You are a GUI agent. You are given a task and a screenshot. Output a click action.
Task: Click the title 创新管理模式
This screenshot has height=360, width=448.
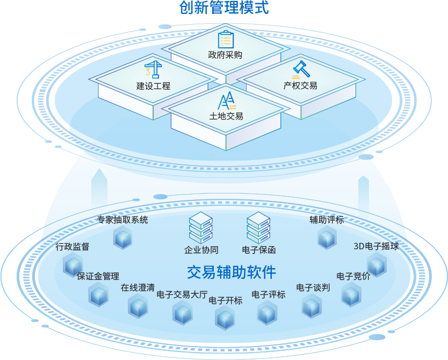[223, 8]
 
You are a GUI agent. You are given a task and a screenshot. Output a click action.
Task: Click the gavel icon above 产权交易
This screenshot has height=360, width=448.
[300, 70]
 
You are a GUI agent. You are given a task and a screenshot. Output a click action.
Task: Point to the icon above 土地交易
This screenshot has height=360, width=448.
[226, 101]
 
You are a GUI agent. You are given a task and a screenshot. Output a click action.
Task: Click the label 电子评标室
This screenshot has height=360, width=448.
[196, 158]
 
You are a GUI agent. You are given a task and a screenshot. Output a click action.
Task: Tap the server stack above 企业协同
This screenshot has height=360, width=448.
[201, 228]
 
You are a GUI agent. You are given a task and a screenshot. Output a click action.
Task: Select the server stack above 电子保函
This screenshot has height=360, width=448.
[258, 228]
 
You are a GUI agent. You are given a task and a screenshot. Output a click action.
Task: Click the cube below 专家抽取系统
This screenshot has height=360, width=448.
[122, 237]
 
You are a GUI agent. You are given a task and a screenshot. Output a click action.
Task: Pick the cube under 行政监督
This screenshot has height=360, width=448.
[73, 264]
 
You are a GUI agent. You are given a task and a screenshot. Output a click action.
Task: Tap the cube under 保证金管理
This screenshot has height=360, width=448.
[98, 294]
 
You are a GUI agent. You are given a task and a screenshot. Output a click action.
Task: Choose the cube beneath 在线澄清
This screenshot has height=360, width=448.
[138, 305]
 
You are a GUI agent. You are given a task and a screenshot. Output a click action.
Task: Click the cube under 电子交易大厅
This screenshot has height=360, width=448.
[182, 312]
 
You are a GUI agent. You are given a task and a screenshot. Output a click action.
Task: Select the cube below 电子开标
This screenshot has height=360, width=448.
[225, 318]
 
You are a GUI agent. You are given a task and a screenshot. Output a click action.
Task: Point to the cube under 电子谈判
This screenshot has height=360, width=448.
[312, 306]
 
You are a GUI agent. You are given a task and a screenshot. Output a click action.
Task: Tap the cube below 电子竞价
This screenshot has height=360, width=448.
[351, 294]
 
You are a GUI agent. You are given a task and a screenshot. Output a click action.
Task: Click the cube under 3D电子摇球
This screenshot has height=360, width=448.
[377, 264]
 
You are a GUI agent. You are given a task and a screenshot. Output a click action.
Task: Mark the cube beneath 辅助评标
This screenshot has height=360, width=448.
[327, 237]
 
